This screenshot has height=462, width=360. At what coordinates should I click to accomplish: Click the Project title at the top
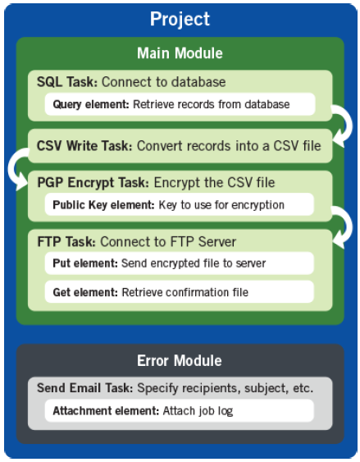pos(180,20)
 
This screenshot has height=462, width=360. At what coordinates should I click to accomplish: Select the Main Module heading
pos(180,53)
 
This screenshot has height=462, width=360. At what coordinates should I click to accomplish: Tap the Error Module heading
pos(180,360)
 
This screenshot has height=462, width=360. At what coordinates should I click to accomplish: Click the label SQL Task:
pos(67,82)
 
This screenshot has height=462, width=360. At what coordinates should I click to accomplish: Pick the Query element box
pos(180,104)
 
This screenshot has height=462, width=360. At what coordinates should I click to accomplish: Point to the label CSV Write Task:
pos(84,146)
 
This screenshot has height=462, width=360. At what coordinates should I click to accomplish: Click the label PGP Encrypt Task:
pos(93,183)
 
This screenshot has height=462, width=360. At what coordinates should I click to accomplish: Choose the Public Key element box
pos(180,204)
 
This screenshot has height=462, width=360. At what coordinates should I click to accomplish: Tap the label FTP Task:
pos(66,241)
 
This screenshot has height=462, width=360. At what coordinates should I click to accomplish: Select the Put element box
pos(180,263)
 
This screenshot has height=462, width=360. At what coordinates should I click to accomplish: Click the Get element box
pos(180,292)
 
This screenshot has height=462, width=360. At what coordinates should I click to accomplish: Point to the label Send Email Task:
pos(85,388)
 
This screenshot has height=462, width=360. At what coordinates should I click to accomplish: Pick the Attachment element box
pos(180,410)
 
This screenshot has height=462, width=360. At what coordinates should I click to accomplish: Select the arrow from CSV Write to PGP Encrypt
pos(11,168)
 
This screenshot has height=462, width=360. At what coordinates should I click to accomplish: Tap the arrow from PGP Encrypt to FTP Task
pos(349,226)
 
